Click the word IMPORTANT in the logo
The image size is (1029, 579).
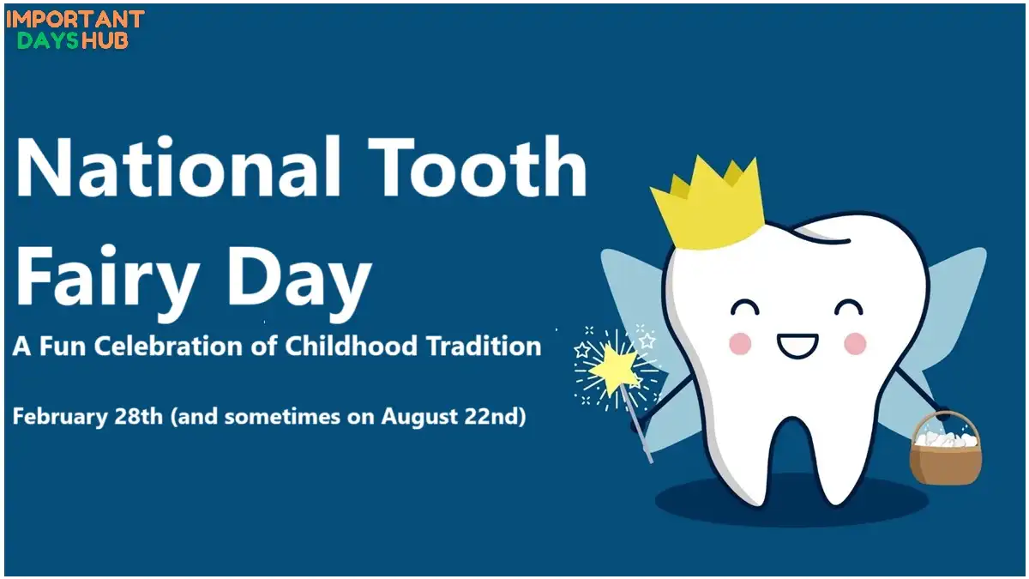pos(75,19)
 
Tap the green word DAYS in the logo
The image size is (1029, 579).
pos(48,40)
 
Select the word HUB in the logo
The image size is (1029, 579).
pos(104,40)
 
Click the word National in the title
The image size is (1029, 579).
pos(178,166)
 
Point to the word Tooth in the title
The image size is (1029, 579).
pos(478,166)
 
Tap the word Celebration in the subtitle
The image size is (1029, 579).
pos(169,346)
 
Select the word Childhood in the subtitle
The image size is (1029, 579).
pos(351,346)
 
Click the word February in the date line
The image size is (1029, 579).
pos(60,417)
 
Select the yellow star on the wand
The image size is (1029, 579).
pos(613,368)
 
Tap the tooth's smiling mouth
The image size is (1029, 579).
pos(797,346)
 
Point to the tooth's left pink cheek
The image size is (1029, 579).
pos(740,344)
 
